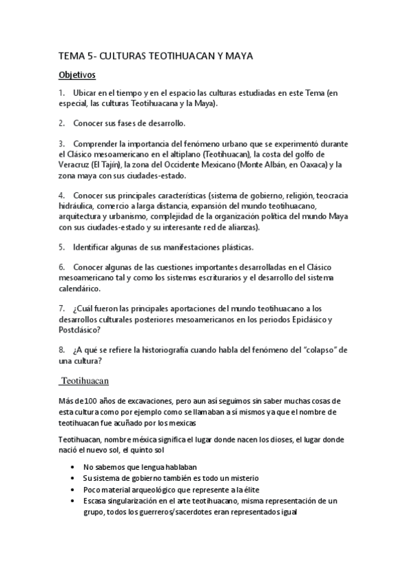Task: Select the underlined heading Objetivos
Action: tap(77, 75)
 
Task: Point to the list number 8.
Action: tap(62, 350)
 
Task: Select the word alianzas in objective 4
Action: tap(239, 226)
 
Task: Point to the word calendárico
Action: tap(82, 288)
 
